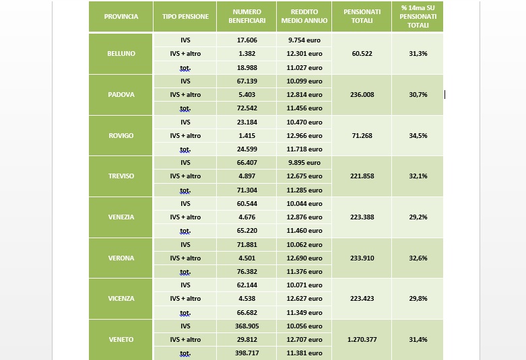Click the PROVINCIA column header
coord(121,17)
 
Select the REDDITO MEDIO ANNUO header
coord(304,17)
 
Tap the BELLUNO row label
coord(121,54)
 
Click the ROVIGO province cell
coord(121,136)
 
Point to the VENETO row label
coord(121,340)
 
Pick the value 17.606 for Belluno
coord(246,40)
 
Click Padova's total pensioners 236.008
coord(362,95)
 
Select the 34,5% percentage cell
coord(418,136)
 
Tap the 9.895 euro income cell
coord(304,163)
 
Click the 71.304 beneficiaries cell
coord(246,190)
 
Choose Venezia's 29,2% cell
coord(418,217)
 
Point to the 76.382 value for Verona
coord(246,272)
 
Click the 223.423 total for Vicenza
coord(362,299)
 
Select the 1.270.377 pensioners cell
coord(362,340)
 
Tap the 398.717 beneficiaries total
coord(246,353)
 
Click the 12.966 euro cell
coord(304,136)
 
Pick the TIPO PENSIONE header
coord(185,17)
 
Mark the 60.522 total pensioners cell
coord(362,54)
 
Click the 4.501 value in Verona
coord(246,258)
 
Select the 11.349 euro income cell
coord(304,313)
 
